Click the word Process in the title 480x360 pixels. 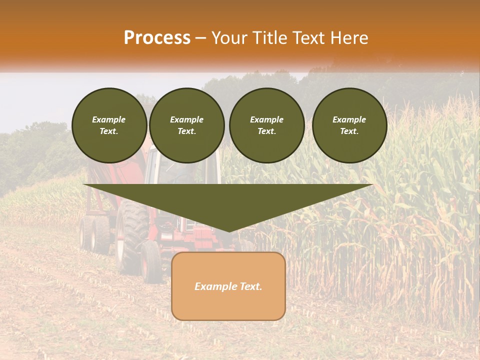157,38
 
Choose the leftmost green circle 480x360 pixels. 109,125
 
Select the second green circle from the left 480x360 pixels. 186,125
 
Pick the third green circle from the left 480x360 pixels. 266,125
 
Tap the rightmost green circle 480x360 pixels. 349,125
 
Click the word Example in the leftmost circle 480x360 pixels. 109,119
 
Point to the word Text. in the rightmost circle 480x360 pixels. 349,131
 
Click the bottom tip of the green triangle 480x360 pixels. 229,231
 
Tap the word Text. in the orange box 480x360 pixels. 251,286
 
